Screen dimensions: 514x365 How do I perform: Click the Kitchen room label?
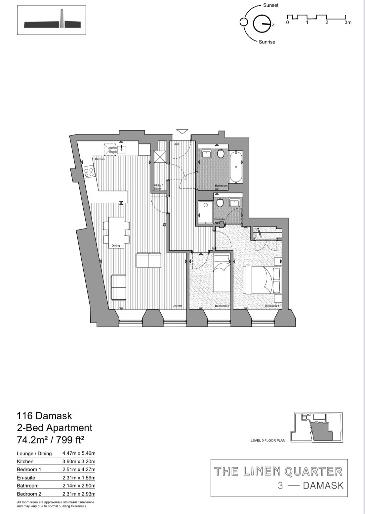[x=100, y=159]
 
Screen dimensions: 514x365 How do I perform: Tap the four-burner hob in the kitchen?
[x=89, y=172]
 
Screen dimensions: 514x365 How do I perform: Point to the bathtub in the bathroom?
[x=236, y=167]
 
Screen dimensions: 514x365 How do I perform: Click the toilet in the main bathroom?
[x=221, y=154]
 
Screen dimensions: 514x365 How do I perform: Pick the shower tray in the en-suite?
[x=205, y=212]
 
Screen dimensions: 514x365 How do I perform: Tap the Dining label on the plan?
[x=115, y=245]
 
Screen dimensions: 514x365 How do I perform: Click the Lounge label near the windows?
[x=177, y=305]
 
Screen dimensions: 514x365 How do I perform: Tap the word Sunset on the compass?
[x=271, y=5]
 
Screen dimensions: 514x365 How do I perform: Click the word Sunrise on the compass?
[x=267, y=42]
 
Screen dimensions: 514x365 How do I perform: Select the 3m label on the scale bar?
[x=348, y=23]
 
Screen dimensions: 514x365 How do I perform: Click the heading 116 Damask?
[x=44, y=415]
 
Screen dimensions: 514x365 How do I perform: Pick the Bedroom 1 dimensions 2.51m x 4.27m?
[x=79, y=469]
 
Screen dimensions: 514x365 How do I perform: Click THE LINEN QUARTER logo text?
[x=278, y=471]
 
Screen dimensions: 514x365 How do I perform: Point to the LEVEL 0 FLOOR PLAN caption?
[x=268, y=440]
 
